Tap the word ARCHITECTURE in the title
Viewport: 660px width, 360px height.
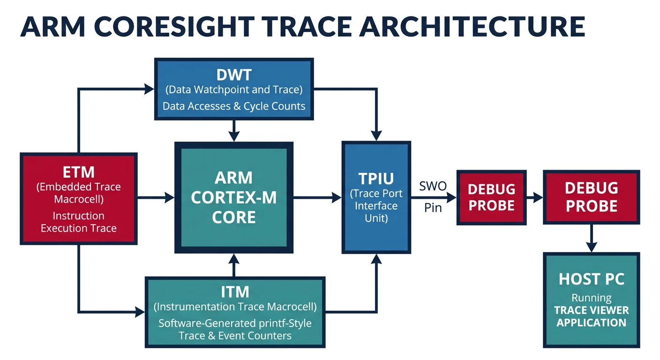(473, 27)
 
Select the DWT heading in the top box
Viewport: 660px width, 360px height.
(233, 75)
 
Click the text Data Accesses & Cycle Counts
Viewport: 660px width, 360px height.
(233, 106)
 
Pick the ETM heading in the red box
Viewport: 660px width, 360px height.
(78, 172)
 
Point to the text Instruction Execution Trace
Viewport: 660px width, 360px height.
(78, 222)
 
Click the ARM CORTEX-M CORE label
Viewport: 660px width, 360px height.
(233, 197)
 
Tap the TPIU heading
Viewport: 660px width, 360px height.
(376, 179)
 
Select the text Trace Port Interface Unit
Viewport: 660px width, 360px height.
(376, 206)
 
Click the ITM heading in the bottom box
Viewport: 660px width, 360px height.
(235, 292)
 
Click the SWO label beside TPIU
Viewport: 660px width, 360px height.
(433, 186)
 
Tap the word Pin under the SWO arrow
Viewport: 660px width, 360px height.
(433, 208)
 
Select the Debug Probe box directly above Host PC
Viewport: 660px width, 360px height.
(592, 197)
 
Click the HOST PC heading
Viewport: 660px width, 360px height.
(592, 279)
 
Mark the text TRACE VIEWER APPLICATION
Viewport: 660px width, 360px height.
(592, 316)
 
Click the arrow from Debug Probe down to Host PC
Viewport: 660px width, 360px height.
(592, 238)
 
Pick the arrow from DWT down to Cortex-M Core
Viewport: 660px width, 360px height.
(234, 130)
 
